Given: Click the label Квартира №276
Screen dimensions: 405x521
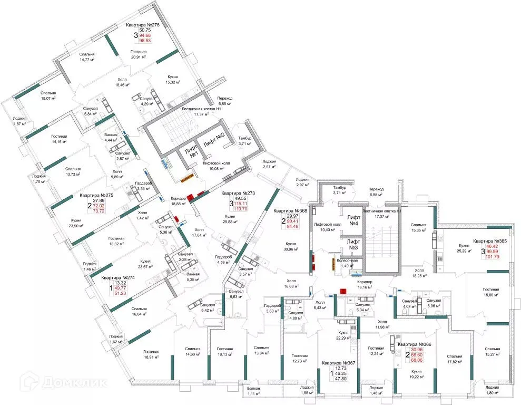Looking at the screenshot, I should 143,25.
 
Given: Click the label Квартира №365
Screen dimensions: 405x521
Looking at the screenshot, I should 489,240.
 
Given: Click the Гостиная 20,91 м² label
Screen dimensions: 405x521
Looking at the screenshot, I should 142,54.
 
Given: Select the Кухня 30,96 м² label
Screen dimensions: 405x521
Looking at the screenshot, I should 290,246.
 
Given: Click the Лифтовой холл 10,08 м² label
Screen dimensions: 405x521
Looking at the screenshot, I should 217,167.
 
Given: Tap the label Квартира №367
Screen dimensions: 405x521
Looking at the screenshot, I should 339,363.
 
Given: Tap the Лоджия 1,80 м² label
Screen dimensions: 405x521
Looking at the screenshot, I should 493,391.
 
